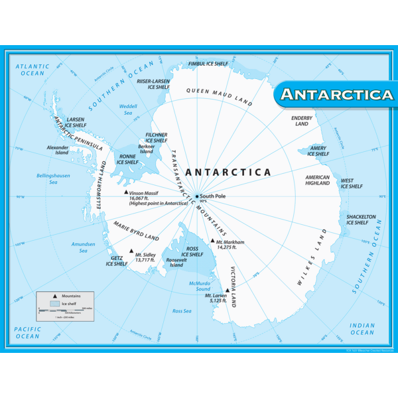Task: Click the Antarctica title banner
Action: point(336,95)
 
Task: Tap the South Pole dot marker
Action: point(197,196)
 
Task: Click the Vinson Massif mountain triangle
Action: point(126,193)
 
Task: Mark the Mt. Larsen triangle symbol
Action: point(227,291)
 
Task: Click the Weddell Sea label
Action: point(127,109)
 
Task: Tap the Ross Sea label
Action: point(182,310)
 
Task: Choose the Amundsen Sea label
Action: point(84,247)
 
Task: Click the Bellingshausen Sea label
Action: point(48,178)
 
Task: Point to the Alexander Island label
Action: point(58,150)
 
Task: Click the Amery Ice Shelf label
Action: point(318,151)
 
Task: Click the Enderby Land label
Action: point(302,121)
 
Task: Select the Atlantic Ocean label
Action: point(33,70)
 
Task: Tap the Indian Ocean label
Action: point(362,329)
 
